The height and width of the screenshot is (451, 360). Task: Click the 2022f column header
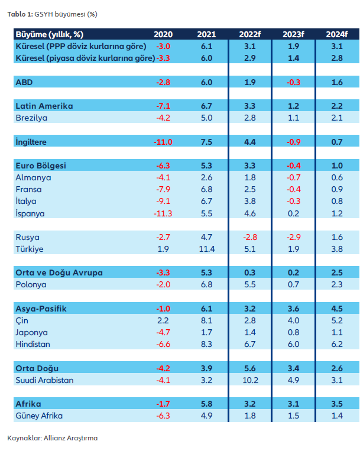(251, 34)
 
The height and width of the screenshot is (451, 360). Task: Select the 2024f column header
(338, 34)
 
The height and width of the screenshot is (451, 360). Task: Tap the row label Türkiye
(30, 249)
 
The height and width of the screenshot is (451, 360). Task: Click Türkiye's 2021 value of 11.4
(206, 249)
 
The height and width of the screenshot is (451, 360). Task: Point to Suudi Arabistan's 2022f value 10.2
(251, 380)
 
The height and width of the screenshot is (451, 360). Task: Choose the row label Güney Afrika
(39, 416)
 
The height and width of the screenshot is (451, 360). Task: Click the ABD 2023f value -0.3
(294, 82)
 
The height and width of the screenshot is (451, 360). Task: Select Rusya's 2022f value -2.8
(251, 237)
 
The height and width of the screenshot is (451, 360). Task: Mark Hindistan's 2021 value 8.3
(206, 344)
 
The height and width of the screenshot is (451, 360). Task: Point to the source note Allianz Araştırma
(52, 438)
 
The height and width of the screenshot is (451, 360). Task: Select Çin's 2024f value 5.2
(338, 320)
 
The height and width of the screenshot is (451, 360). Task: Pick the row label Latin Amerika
(44, 106)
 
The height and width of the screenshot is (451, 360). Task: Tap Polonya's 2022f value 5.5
(251, 285)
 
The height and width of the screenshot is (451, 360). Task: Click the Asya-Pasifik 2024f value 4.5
(338, 309)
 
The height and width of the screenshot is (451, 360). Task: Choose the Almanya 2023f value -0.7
(294, 177)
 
